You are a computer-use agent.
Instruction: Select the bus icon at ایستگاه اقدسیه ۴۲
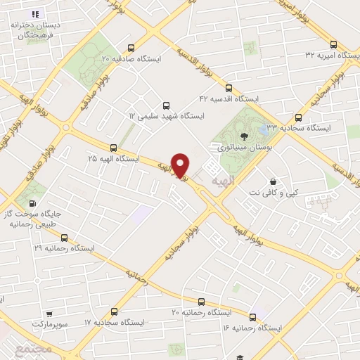coord(229,88)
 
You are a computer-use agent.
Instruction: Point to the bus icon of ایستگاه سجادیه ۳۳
coord(299,117)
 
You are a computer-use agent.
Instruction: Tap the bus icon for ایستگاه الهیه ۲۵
coord(113,148)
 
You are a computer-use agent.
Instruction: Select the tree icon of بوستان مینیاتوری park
coord(243,136)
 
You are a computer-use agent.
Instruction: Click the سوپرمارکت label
coord(52,325)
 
